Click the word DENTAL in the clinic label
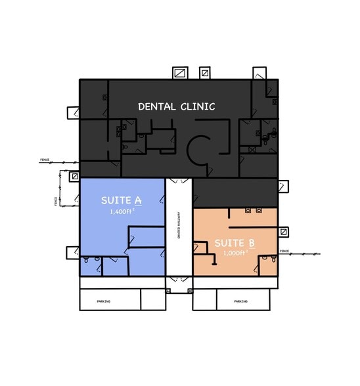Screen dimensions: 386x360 click(x=156, y=106)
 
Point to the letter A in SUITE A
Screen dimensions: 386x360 click(x=139, y=200)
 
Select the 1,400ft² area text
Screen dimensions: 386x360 click(x=122, y=211)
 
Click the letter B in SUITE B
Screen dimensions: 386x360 click(x=252, y=244)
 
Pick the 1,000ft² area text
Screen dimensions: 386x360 click(x=235, y=253)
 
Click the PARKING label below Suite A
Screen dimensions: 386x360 click(x=103, y=301)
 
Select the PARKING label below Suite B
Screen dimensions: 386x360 click(x=240, y=301)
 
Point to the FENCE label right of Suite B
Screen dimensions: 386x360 click(x=284, y=251)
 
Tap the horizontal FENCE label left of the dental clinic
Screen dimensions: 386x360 click(x=45, y=160)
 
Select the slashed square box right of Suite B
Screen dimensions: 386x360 click(x=283, y=232)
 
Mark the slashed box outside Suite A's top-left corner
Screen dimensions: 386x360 click(x=76, y=176)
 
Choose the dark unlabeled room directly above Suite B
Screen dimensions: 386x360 click(x=235, y=192)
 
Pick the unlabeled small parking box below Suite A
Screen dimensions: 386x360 click(x=152, y=299)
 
